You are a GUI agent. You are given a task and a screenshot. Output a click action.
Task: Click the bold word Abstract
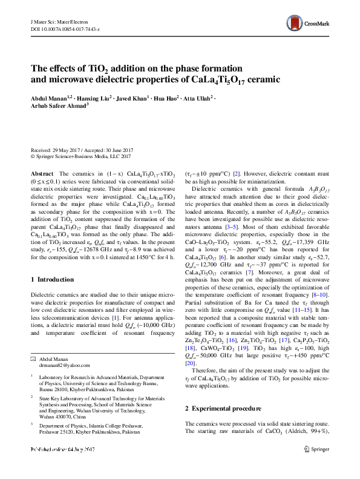click(41, 173)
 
